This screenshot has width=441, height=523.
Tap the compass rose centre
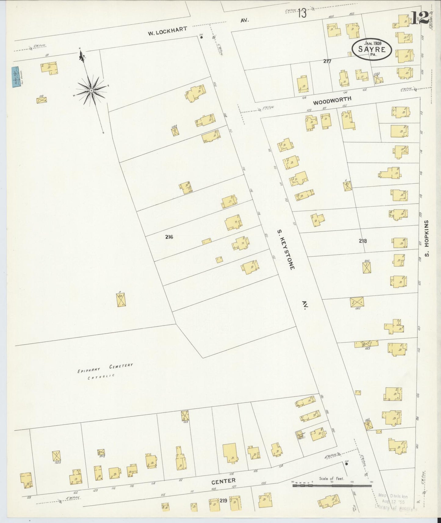click(91, 91)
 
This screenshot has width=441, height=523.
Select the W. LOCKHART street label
click(167, 31)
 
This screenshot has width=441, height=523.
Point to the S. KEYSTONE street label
click(286, 249)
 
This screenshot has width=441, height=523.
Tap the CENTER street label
click(224, 481)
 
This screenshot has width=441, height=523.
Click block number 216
click(169, 237)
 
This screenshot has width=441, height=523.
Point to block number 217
click(327, 61)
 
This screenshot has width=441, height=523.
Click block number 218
click(363, 241)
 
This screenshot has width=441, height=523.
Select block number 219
click(223, 500)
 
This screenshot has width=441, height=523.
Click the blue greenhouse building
click(15, 77)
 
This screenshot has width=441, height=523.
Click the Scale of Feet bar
click(332, 485)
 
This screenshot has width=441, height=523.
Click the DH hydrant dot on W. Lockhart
click(201, 38)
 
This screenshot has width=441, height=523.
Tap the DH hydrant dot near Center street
click(346, 464)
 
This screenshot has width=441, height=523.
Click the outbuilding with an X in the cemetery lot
click(121, 300)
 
